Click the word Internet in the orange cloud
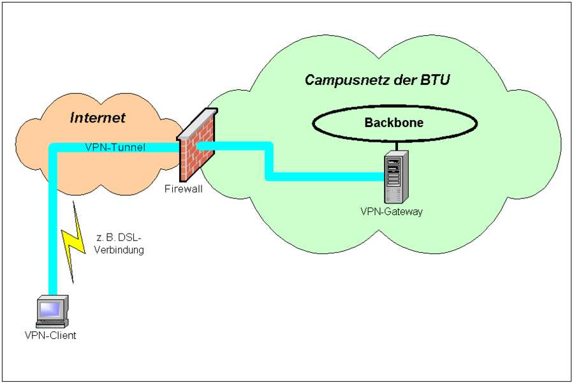coord(98,117)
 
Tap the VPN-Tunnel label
coord(115,147)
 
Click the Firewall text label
coord(183,189)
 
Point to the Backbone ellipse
coord(394,107)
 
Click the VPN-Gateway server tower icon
coord(396,177)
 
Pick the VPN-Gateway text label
coord(392,211)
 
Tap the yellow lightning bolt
coord(73,242)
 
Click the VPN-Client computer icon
coord(52,312)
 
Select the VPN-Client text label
coord(50,335)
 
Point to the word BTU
coord(435,80)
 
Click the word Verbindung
coord(119,250)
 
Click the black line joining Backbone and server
coord(397,146)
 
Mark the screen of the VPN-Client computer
coord(50,310)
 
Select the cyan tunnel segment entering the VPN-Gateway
coord(325,176)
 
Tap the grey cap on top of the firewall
coord(198,123)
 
